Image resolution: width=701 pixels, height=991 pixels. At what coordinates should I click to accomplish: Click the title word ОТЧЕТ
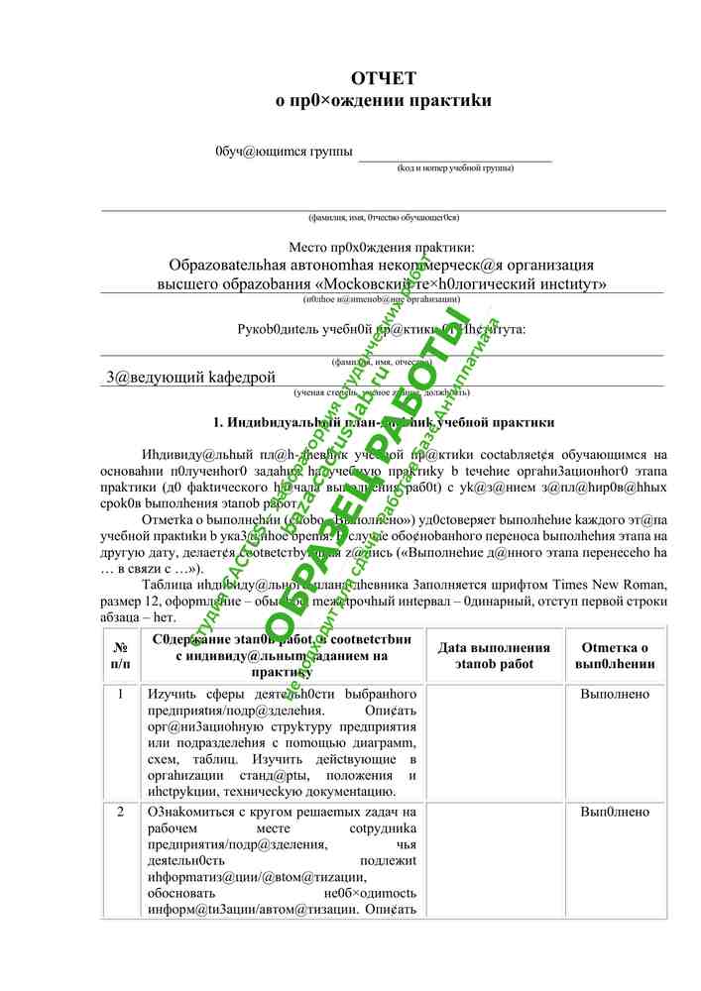pos(383,78)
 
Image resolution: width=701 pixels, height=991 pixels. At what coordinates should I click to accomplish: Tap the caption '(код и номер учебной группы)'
pos(455,167)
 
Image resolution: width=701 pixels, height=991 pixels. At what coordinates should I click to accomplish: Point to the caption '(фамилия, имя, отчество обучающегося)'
pos(383,217)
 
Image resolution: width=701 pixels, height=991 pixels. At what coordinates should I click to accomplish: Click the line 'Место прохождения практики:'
pos(382,246)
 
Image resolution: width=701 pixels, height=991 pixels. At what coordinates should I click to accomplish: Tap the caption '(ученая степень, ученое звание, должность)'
pos(383,392)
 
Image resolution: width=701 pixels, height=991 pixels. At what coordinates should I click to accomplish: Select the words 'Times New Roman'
pos(609,585)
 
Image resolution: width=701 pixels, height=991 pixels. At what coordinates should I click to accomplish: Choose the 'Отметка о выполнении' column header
pos(615,655)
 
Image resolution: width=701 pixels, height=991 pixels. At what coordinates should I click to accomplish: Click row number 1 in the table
pos(120,695)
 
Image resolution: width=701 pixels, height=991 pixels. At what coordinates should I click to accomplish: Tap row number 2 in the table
pos(120,813)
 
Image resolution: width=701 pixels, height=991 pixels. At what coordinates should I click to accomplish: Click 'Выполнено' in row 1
pos(615,695)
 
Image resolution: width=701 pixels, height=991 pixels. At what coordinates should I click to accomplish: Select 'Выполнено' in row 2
pos(615,813)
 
